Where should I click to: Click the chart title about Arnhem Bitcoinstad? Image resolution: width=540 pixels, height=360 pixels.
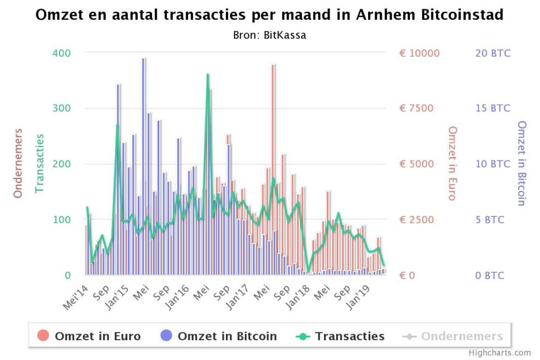click(269, 15)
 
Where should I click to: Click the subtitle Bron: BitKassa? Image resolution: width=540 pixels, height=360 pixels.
click(269, 35)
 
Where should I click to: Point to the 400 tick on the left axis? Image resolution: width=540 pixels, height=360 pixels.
click(61, 53)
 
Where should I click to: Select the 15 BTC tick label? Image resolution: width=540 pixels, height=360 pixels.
click(493, 109)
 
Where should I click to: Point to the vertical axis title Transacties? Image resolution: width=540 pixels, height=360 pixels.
click(40, 163)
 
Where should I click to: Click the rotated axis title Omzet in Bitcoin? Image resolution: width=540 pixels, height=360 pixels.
click(521, 163)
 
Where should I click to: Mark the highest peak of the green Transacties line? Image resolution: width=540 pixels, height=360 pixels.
click(208, 74)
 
